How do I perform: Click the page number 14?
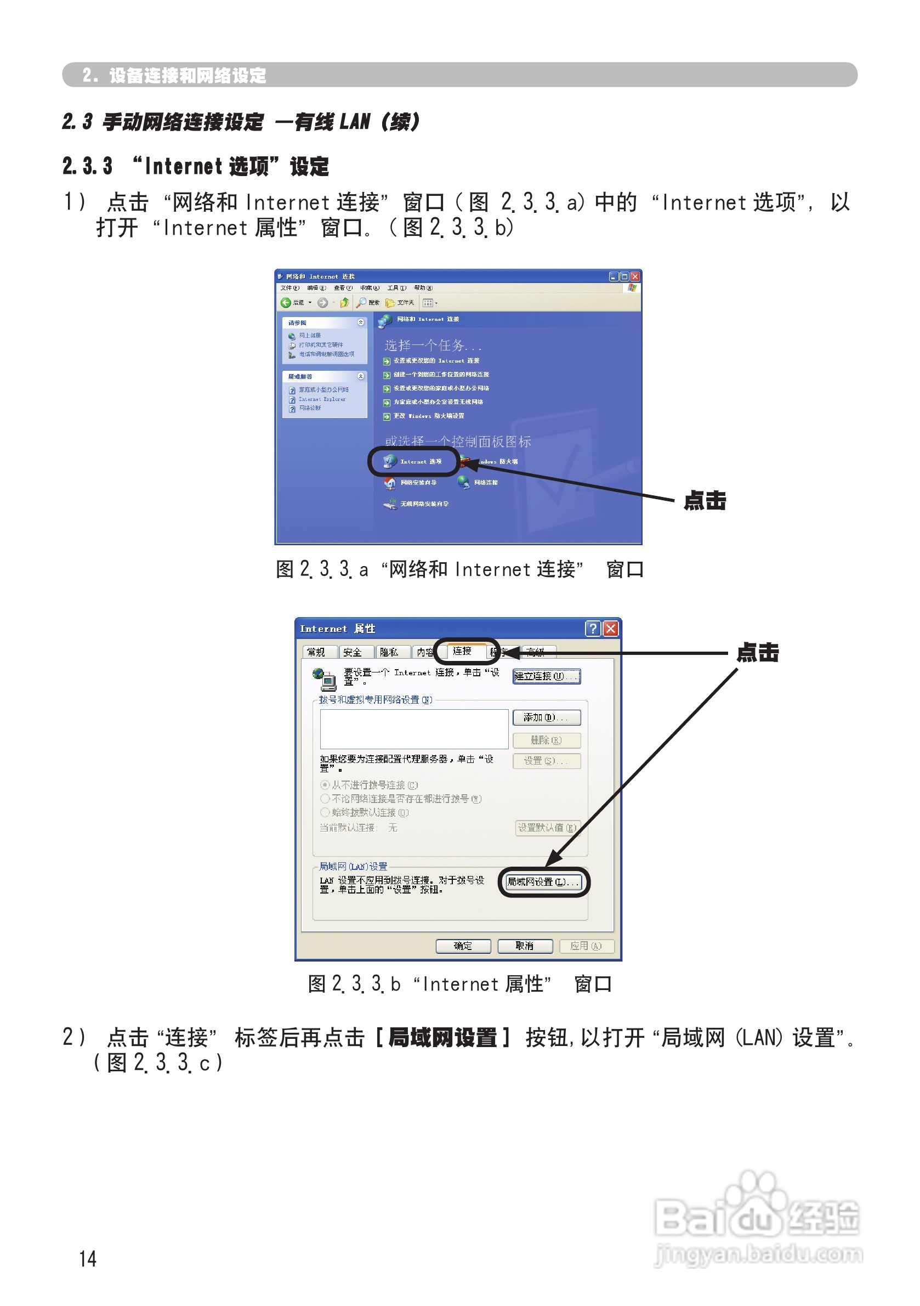pyautogui.click(x=88, y=1258)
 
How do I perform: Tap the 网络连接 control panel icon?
pyautogui.click(x=478, y=482)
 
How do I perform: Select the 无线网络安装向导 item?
pyautogui.click(x=417, y=504)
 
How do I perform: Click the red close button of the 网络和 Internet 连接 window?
pyautogui.click(x=635, y=276)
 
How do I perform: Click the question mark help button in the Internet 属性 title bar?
pyautogui.click(x=593, y=629)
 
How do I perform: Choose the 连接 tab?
pyautogui.click(x=462, y=651)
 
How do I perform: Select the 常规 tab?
pyautogui.click(x=316, y=652)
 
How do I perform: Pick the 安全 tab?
pyautogui.click(x=353, y=652)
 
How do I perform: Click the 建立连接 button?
pyautogui.click(x=546, y=676)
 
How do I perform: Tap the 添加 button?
pyautogui.click(x=546, y=718)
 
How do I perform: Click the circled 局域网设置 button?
pyautogui.click(x=543, y=882)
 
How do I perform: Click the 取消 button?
pyautogui.click(x=524, y=946)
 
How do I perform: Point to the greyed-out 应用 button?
pyautogui.click(x=586, y=946)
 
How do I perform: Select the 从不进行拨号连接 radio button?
pyautogui.click(x=325, y=785)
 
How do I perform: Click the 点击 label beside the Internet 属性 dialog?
pyautogui.click(x=757, y=652)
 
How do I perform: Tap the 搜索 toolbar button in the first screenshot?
pyautogui.click(x=368, y=303)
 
